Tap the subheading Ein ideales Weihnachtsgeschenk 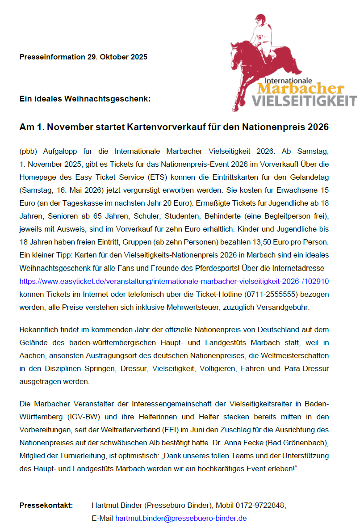coord(85,98)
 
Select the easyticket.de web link coord(174,282)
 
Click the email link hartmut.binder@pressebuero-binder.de coord(181,519)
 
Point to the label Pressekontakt coord(46,506)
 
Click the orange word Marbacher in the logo coord(300,88)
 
